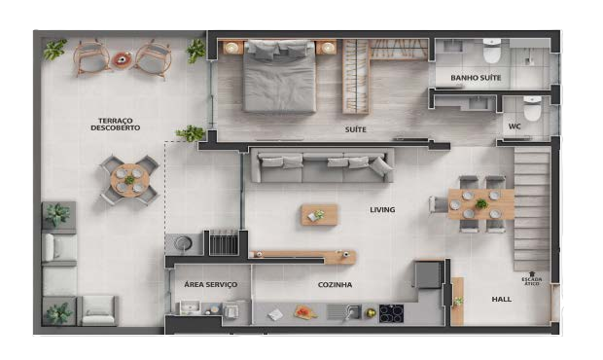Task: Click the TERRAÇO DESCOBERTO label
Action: (116, 125)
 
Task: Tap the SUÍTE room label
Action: (355, 129)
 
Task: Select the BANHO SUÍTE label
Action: (476, 78)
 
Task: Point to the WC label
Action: (514, 126)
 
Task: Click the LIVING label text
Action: (382, 209)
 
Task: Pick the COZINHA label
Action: (335, 285)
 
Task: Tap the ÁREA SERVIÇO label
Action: (210, 285)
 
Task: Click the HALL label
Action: (502, 299)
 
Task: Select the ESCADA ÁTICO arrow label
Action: (532, 279)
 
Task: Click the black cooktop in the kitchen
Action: (392, 313)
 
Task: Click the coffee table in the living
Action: (320, 215)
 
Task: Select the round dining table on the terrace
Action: (130, 180)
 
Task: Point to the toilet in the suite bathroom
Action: (492, 51)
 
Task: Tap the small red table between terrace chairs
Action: (122, 59)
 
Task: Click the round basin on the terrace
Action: (184, 243)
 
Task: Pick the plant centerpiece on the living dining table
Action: (481, 204)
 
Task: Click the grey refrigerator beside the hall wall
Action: (428, 273)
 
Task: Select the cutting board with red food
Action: (305, 312)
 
